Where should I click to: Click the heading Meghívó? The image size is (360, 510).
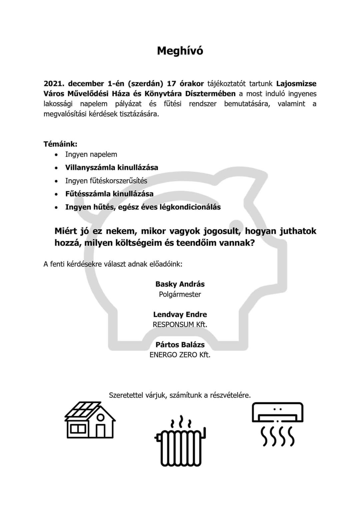click(x=180, y=51)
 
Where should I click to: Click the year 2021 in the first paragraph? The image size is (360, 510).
click(x=53, y=83)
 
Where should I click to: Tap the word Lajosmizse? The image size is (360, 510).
click(x=296, y=83)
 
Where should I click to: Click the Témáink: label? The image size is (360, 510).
click(x=60, y=144)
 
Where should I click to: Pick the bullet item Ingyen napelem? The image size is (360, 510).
click(x=91, y=154)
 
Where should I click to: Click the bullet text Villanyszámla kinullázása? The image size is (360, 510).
click(x=112, y=167)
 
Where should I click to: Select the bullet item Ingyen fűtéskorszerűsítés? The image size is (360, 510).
click(x=106, y=181)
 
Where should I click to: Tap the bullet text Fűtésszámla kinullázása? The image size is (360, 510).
click(x=109, y=194)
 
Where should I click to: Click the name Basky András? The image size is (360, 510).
click(x=180, y=284)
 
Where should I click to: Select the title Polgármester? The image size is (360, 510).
click(x=180, y=294)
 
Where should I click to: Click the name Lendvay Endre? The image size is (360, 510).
click(x=180, y=314)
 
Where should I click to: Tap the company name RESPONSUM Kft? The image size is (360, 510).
click(x=180, y=324)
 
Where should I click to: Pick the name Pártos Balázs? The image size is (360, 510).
click(x=180, y=345)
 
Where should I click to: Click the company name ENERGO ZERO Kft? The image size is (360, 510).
click(x=180, y=355)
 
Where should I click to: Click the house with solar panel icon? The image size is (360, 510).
click(x=90, y=420)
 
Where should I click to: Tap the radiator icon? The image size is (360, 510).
click(x=180, y=442)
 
